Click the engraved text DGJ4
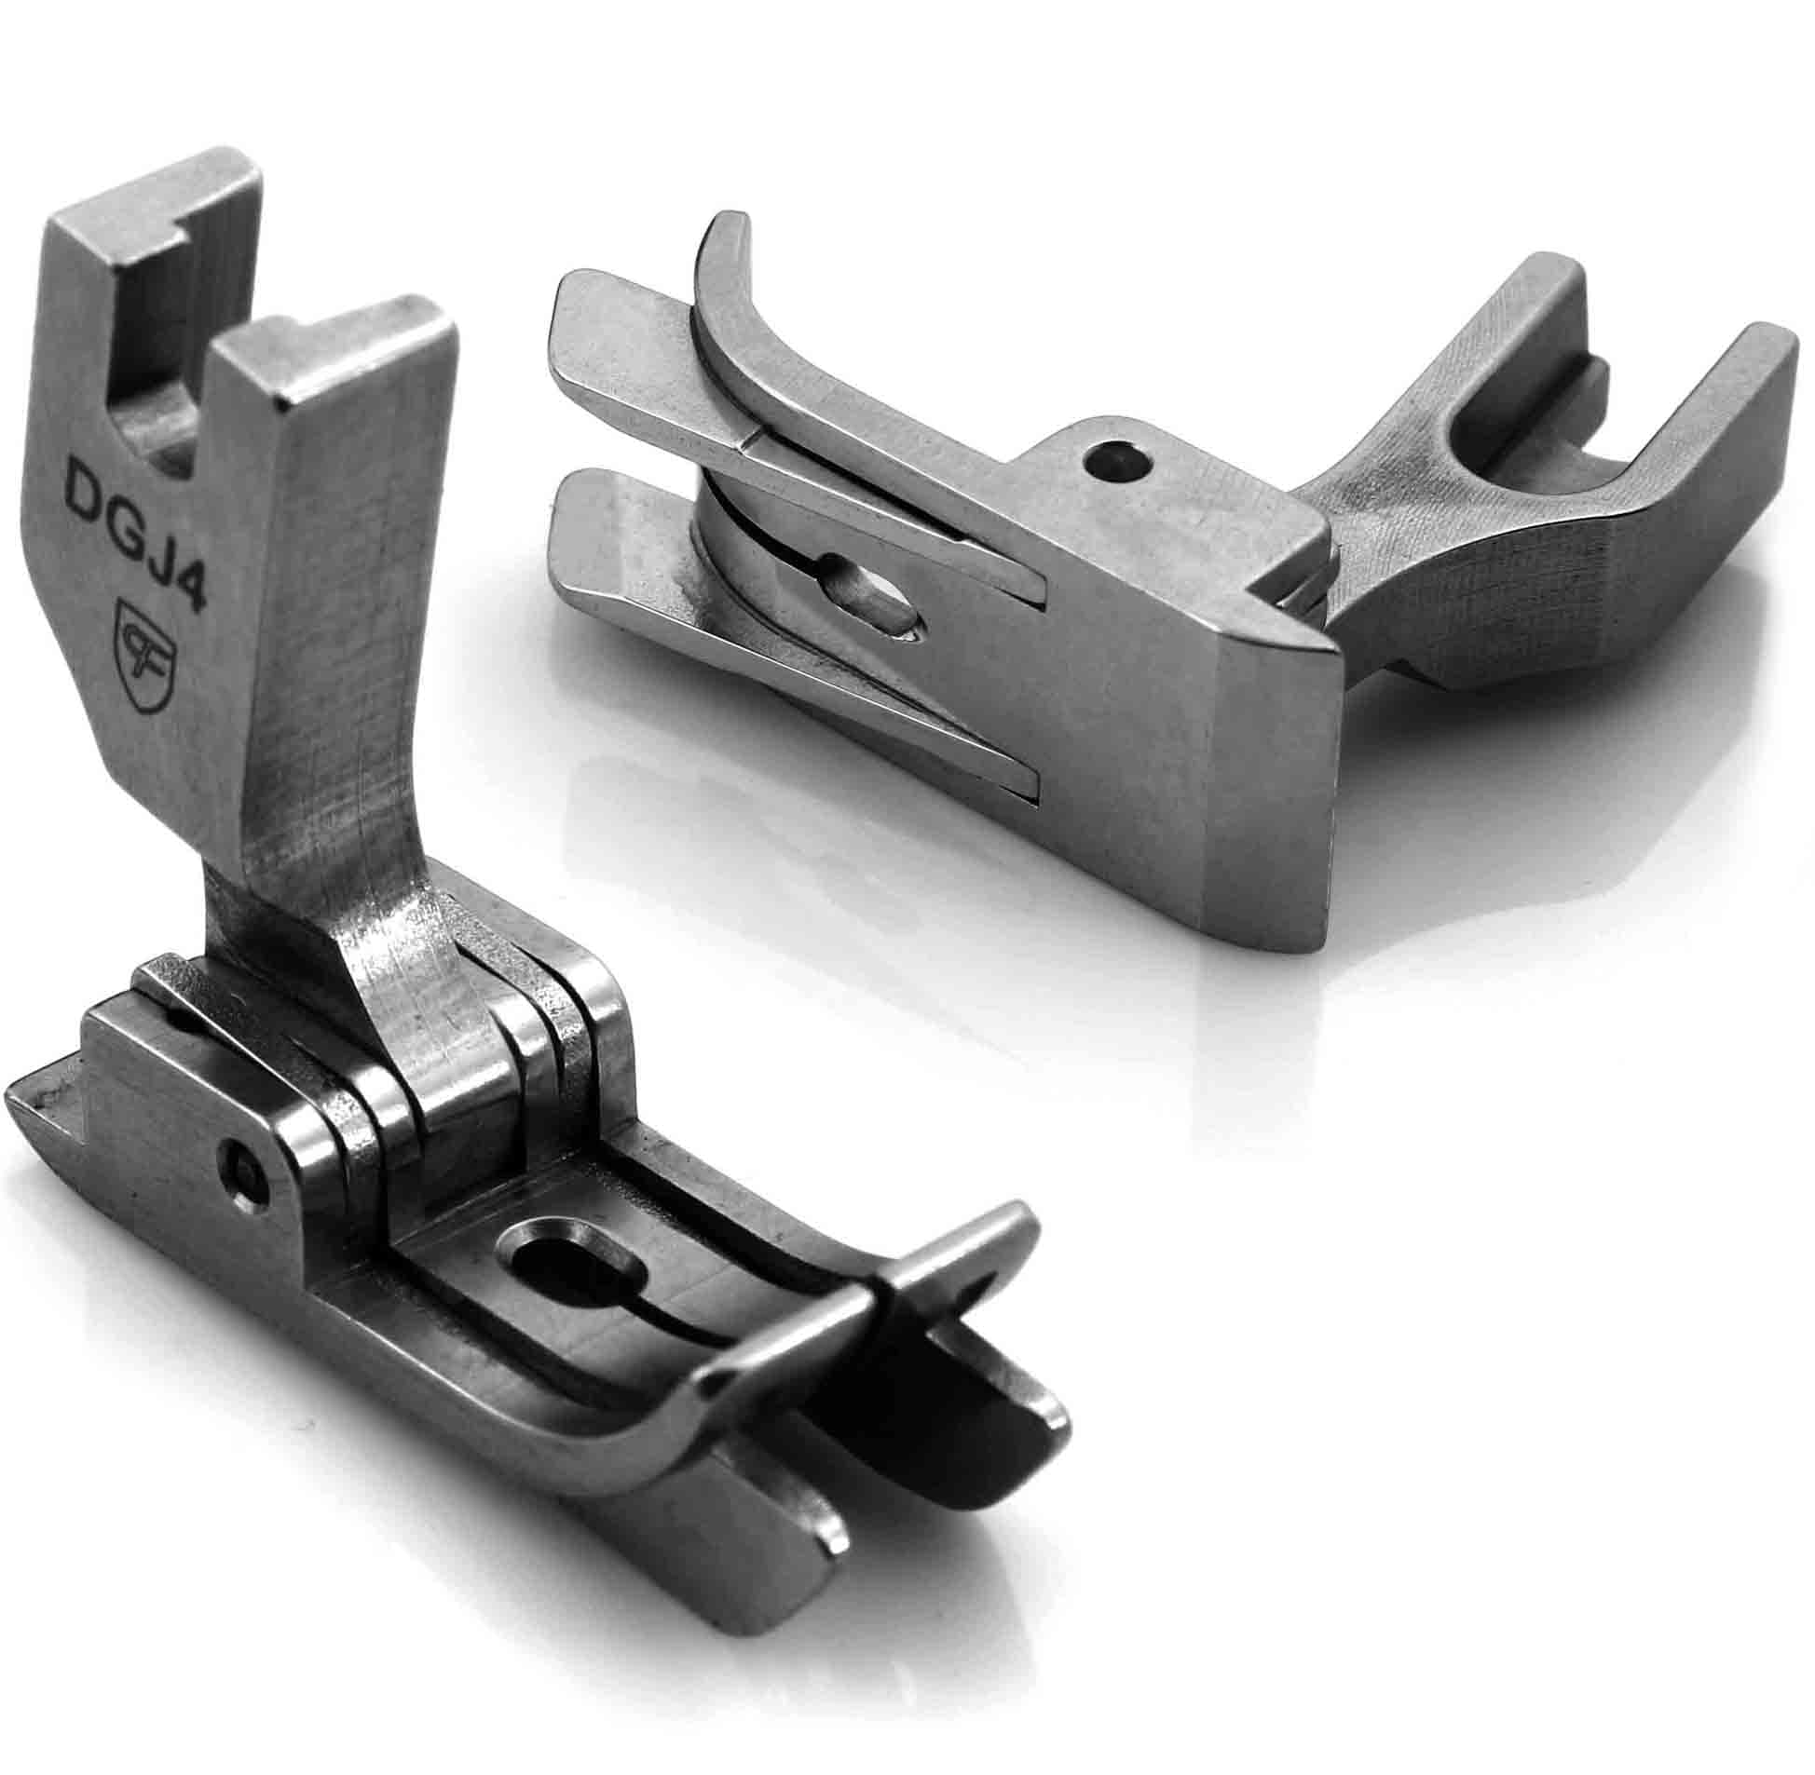(136, 533)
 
